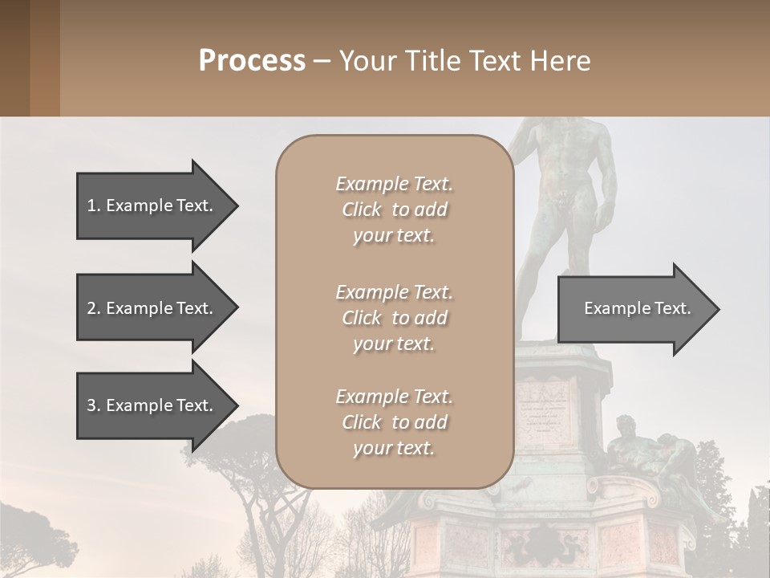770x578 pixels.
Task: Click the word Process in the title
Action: (252, 60)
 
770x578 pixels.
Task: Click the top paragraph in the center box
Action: (394, 210)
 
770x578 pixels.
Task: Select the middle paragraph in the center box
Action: (394, 318)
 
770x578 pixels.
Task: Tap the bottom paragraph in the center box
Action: (394, 422)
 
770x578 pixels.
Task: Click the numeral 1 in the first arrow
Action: (91, 206)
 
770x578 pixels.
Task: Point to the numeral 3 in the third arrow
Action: (91, 405)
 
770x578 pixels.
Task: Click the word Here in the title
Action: (561, 60)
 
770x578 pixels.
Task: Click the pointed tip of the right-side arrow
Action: (718, 308)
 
